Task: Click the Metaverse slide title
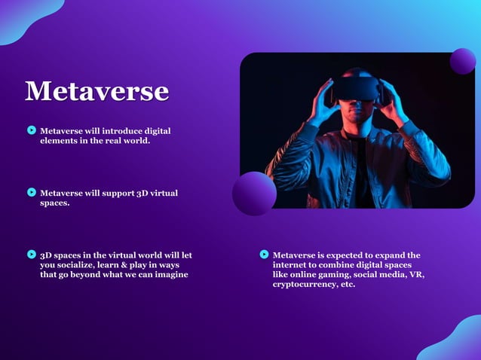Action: pos(97,91)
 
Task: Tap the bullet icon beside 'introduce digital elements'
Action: pos(32,130)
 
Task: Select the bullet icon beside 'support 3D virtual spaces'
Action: pos(32,193)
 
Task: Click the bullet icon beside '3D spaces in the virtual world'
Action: pos(32,255)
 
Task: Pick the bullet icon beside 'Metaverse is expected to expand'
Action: pos(264,255)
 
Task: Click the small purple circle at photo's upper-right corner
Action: pos(463,61)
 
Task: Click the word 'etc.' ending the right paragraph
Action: pos(348,285)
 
